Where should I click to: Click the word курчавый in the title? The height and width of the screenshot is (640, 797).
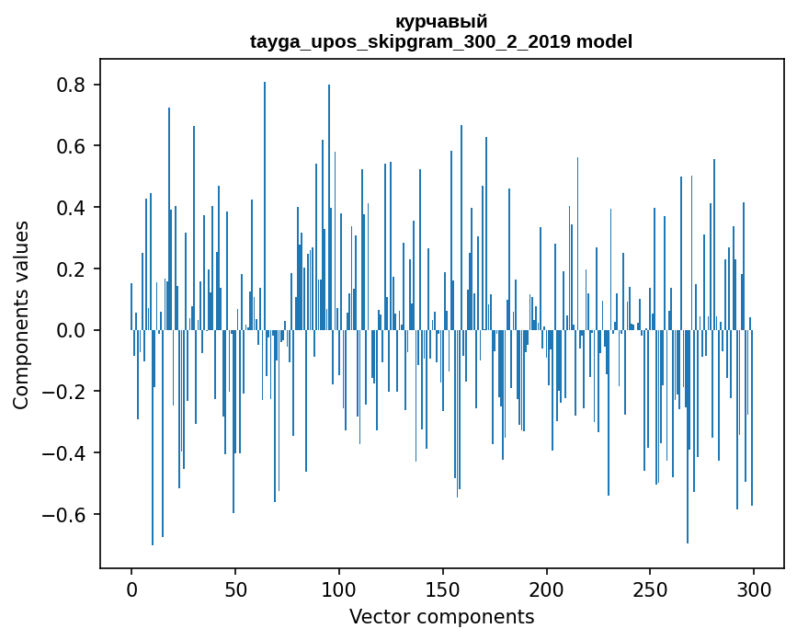[441, 21]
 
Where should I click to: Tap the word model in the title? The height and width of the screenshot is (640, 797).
[604, 41]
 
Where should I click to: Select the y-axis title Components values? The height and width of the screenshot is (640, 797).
[21, 314]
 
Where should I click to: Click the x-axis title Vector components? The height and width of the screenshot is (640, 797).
[441, 616]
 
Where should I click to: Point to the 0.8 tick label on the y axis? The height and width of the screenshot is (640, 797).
[72, 86]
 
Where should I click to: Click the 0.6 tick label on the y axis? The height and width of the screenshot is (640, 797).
[72, 146]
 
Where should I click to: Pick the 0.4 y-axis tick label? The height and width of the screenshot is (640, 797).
[72, 208]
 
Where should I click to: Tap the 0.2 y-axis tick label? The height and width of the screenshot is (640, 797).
[72, 269]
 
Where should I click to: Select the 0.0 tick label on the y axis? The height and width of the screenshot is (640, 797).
[72, 330]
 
